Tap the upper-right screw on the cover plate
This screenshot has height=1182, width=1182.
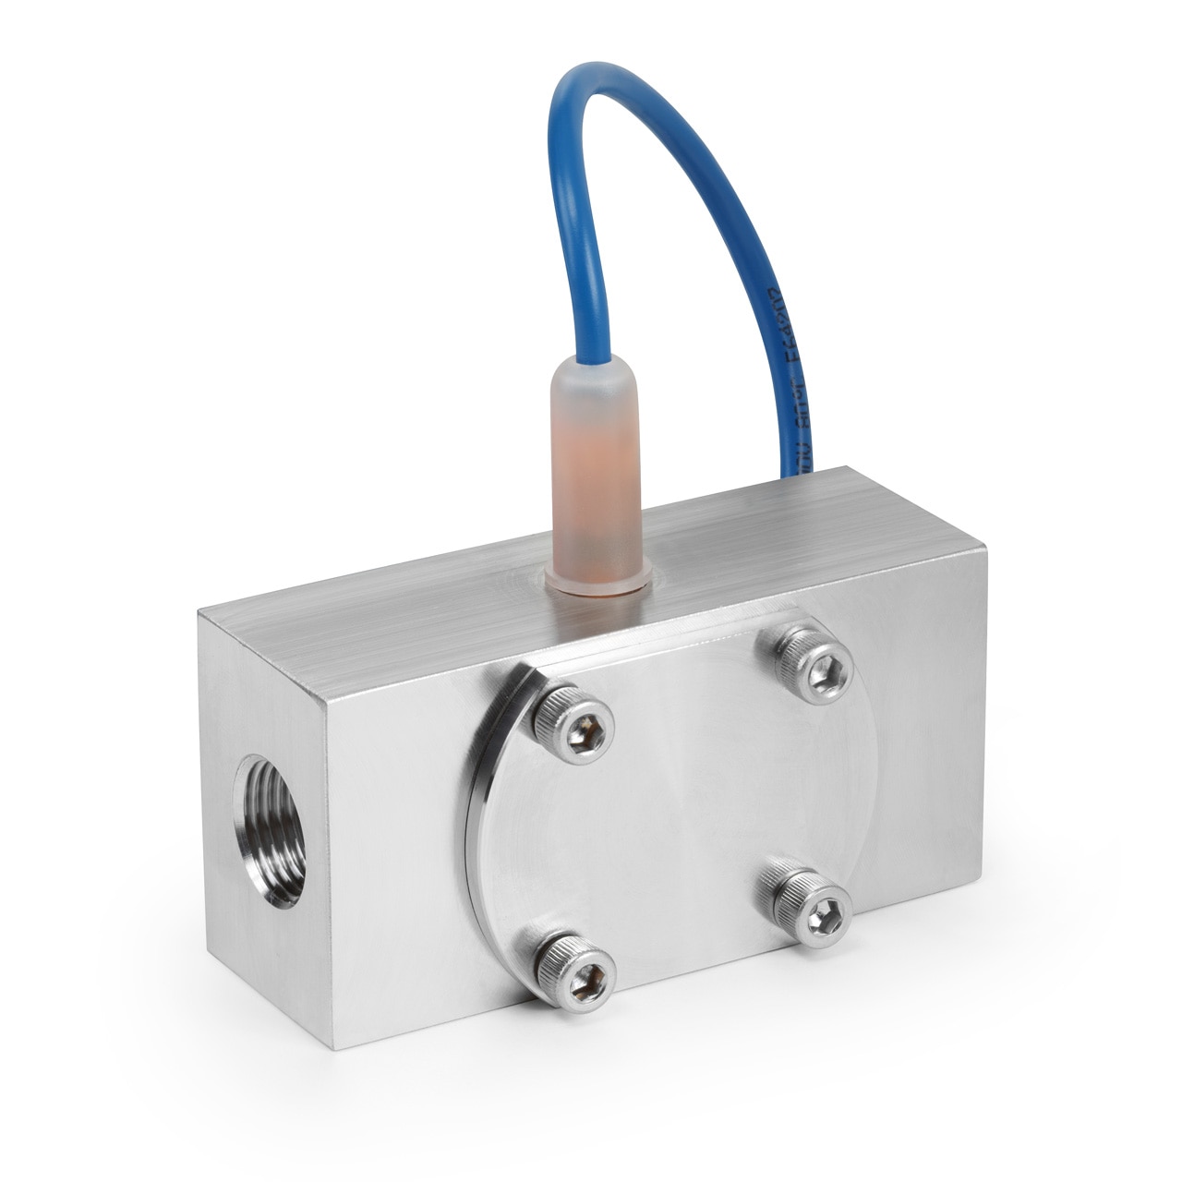(x=813, y=663)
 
